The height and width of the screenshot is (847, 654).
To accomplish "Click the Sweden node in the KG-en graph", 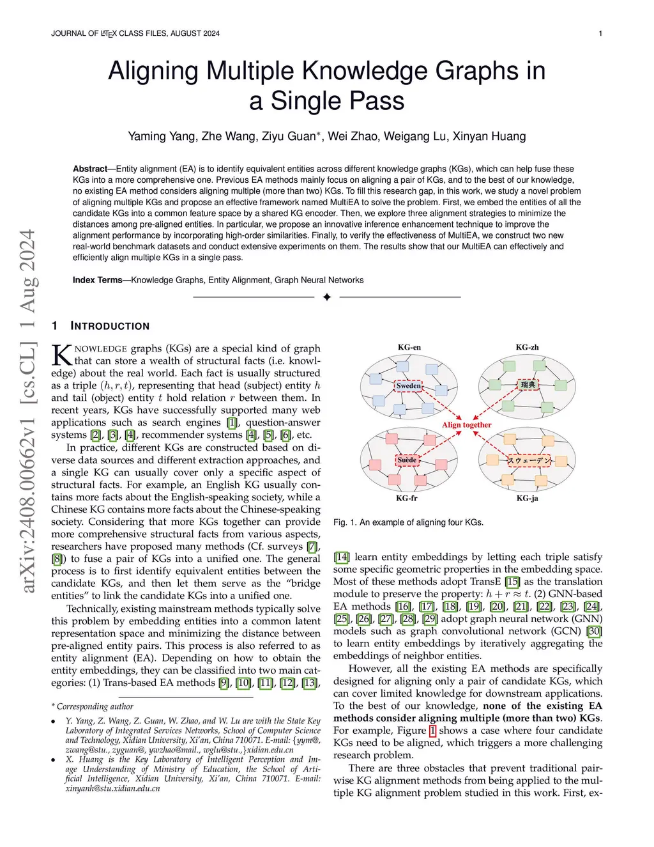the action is coord(408,386).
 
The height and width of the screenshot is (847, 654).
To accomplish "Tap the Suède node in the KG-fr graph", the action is coord(407,460).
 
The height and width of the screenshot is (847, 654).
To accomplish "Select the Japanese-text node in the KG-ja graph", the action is coord(529,461).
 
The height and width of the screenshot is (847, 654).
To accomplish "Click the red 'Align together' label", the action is coord(466,425).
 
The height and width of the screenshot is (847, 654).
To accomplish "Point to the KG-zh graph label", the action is coord(528,347).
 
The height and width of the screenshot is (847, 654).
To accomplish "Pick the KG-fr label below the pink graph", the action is coord(407,498).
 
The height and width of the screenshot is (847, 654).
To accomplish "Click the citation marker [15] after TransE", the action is coord(512,582).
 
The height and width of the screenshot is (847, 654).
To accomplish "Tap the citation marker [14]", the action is coord(342,557).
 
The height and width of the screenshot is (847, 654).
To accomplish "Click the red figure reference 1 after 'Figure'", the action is coord(432,731).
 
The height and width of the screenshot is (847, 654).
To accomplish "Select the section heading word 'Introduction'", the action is coord(110,326).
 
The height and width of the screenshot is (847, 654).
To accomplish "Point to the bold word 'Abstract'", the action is coord(90,169).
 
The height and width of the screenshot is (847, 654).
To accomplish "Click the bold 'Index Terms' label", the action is coord(97,280).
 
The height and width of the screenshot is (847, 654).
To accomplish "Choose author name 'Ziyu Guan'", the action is coord(289,136).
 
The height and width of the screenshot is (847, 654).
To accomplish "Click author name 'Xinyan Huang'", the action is coord(489,136).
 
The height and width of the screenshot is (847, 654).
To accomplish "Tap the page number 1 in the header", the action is coord(600,33).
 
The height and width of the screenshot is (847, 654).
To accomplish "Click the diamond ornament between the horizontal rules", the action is coord(327,297).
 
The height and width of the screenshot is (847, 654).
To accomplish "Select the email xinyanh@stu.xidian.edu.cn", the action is coord(113,789).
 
